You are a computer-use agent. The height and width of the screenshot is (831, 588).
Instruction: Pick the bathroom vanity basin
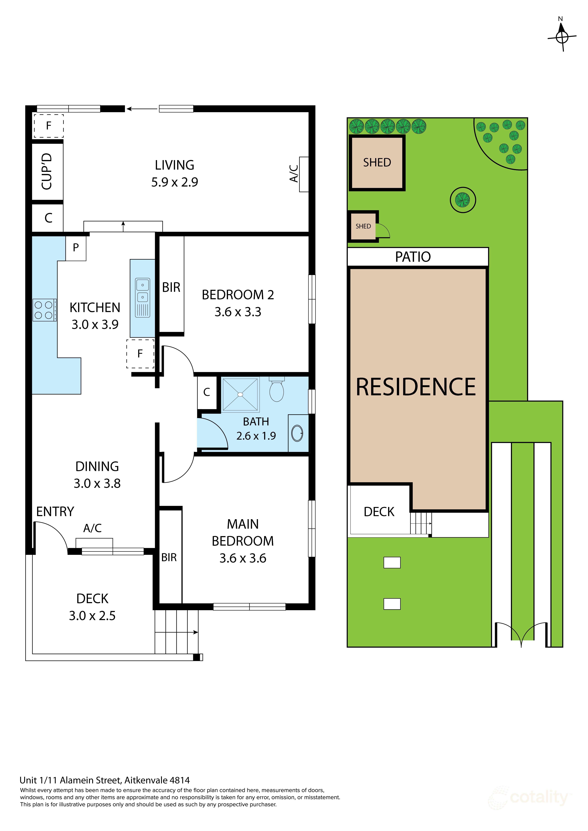pos(297,433)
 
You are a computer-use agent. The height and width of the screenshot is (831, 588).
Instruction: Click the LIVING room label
pos(175,165)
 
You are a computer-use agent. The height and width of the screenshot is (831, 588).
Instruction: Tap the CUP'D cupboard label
pos(47,171)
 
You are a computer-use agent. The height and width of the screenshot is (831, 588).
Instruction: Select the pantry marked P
pos(76,248)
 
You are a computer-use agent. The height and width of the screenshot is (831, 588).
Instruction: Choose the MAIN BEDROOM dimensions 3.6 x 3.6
pos(243,558)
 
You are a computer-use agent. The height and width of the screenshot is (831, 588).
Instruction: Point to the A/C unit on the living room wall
pos(303,174)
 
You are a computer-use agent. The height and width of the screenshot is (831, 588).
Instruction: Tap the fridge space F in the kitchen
pos(140,354)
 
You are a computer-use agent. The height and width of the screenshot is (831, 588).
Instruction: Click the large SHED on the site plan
pos(377,162)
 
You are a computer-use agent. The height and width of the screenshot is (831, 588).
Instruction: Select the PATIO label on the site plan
pos(413,257)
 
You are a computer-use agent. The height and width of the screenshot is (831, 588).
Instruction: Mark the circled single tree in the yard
pos(463,200)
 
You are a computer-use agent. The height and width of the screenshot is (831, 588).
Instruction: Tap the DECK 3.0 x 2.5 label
pos(92,607)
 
